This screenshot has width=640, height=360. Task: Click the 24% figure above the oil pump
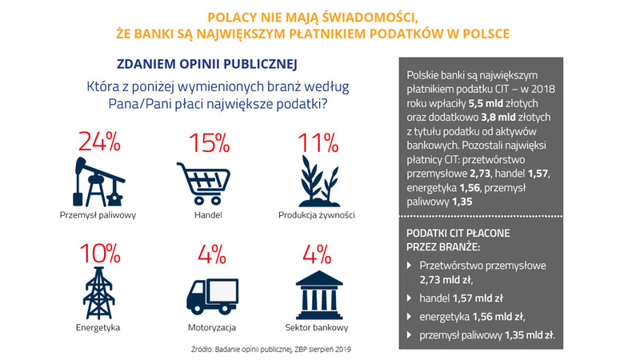99,142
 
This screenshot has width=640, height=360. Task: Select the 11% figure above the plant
316,142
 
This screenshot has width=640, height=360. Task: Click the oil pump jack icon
98,181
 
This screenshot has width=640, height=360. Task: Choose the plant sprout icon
316,181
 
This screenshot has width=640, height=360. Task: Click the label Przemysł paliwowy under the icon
98,215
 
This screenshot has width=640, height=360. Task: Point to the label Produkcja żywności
316,215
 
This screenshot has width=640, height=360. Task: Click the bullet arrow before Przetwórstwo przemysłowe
410,265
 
